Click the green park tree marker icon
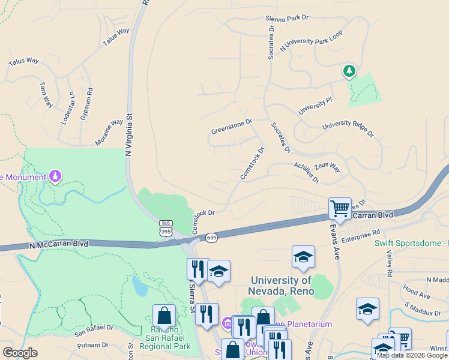tap(349, 71)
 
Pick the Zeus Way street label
tap(327, 166)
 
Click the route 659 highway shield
tap(212, 238)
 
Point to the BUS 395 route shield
tap(166, 227)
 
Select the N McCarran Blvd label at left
tap(59, 244)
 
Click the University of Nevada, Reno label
tap(281, 286)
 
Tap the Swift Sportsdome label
tap(411, 243)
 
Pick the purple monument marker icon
tap(55, 176)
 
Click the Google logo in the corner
tap(20, 353)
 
